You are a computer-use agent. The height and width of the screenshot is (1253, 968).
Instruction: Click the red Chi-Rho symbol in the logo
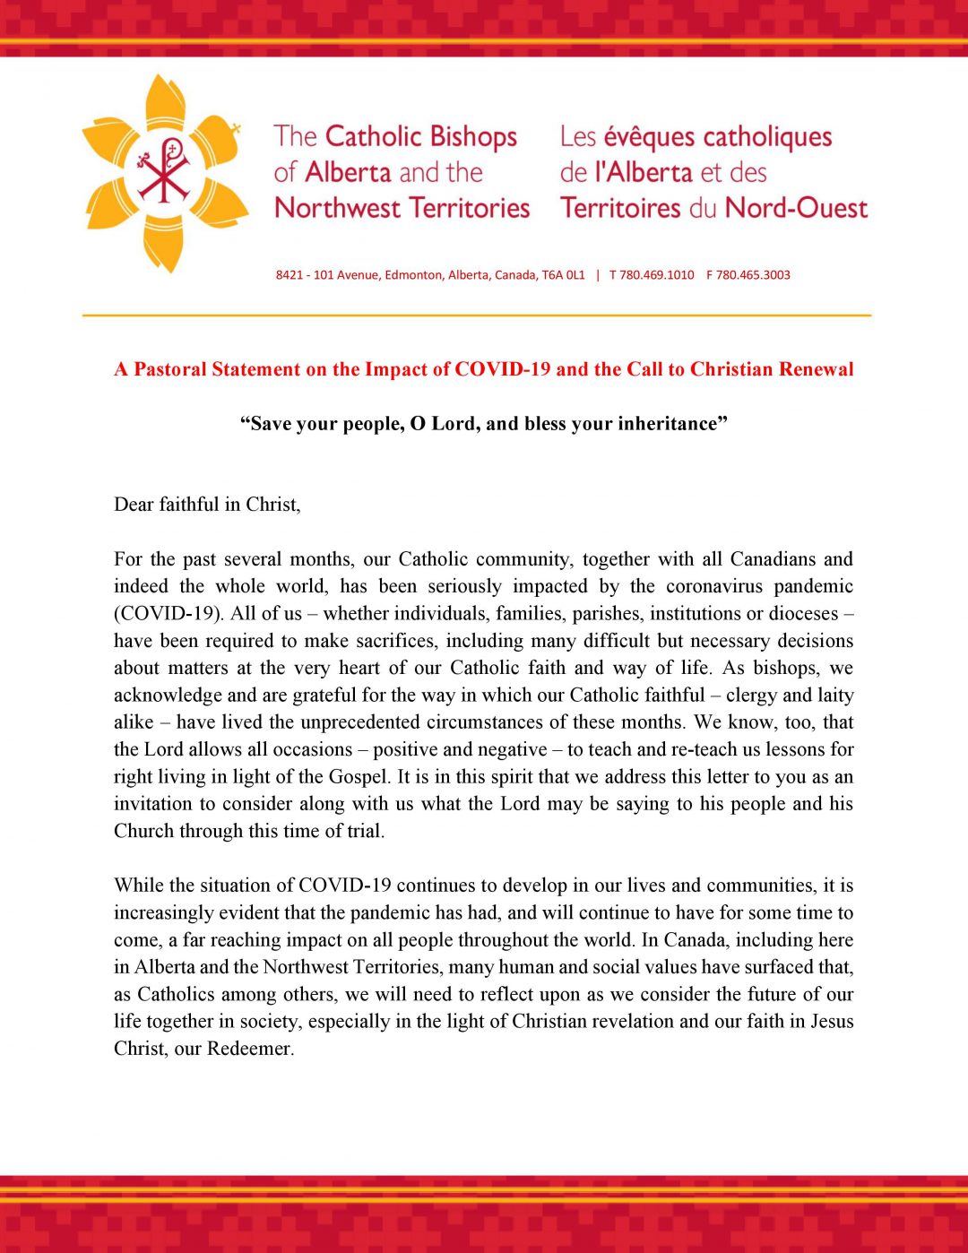click(164, 170)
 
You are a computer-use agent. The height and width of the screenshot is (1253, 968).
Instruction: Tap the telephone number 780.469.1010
click(656, 275)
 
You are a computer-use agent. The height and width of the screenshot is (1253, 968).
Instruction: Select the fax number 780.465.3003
click(753, 275)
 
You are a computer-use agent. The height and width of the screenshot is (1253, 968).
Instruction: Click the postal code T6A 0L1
click(563, 275)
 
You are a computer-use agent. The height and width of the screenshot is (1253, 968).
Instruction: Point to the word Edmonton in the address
click(413, 275)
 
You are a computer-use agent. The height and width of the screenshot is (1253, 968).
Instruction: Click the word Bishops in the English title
click(473, 137)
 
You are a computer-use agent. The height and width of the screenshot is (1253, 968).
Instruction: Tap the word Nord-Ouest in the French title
click(796, 208)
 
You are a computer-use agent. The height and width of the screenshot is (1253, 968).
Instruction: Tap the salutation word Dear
click(134, 505)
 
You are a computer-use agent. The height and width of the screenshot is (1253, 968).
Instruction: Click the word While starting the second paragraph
click(139, 886)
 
